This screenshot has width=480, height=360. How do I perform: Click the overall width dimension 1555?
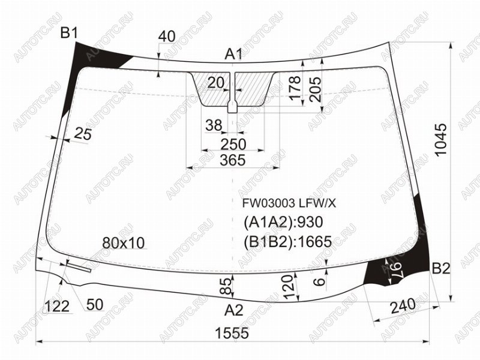coord(232,334)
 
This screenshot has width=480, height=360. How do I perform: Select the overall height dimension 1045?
coord(441,140)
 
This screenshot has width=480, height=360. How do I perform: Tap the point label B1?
coord(70,33)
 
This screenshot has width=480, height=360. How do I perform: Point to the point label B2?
coord(441,268)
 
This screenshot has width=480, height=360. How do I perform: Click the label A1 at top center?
coord(233,55)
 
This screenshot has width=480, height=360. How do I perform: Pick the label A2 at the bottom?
coord(233,310)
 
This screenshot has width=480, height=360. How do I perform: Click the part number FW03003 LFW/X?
coord(289,203)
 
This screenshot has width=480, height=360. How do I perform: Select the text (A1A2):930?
coord(283,223)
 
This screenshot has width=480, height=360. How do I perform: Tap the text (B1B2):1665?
coord(288,242)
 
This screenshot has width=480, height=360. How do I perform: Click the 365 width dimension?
coord(233,160)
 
